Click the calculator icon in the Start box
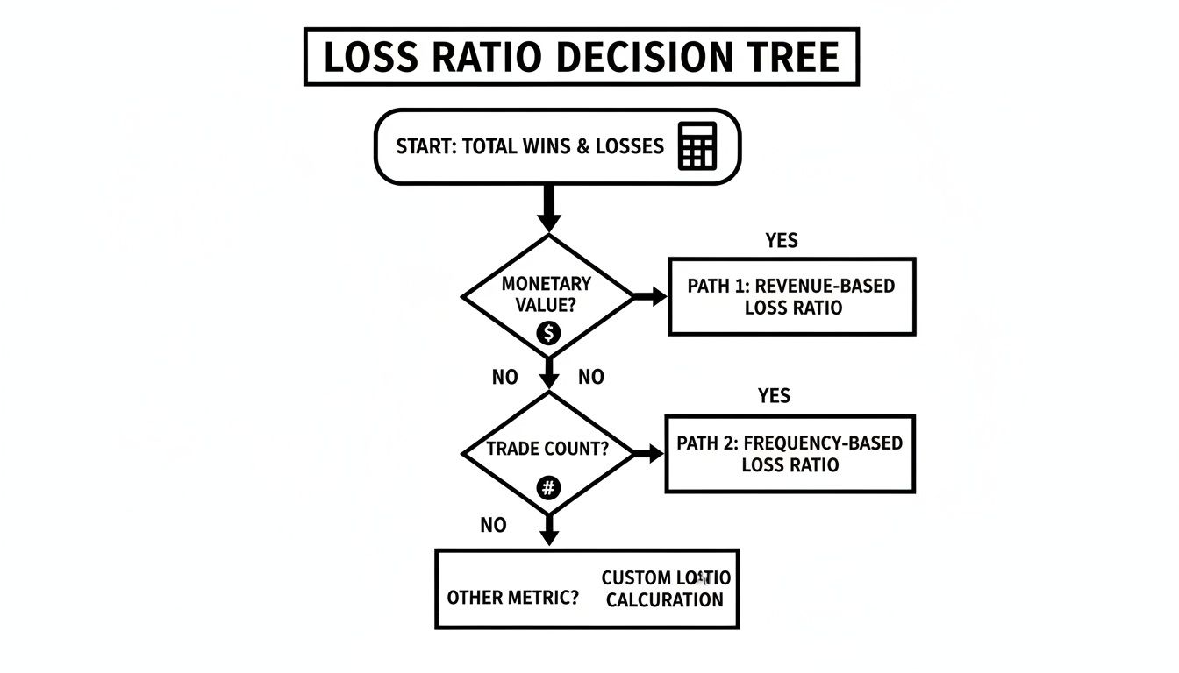coord(697,145)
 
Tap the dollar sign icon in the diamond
coord(548,333)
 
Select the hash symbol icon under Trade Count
coord(548,488)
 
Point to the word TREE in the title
coord(796,58)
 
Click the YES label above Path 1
coord(781,241)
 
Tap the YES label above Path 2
coord(774,396)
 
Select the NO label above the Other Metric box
coord(493,526)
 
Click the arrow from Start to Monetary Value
coord(549,209)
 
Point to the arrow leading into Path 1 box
coord(650,297)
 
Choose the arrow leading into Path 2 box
coord(647,453)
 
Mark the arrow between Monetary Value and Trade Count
coord(549,372)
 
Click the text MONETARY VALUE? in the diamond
coord(546,294)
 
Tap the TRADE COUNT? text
coord(547,450)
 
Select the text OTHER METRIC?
coord(513,598)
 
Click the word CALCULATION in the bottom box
coord(665,600)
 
